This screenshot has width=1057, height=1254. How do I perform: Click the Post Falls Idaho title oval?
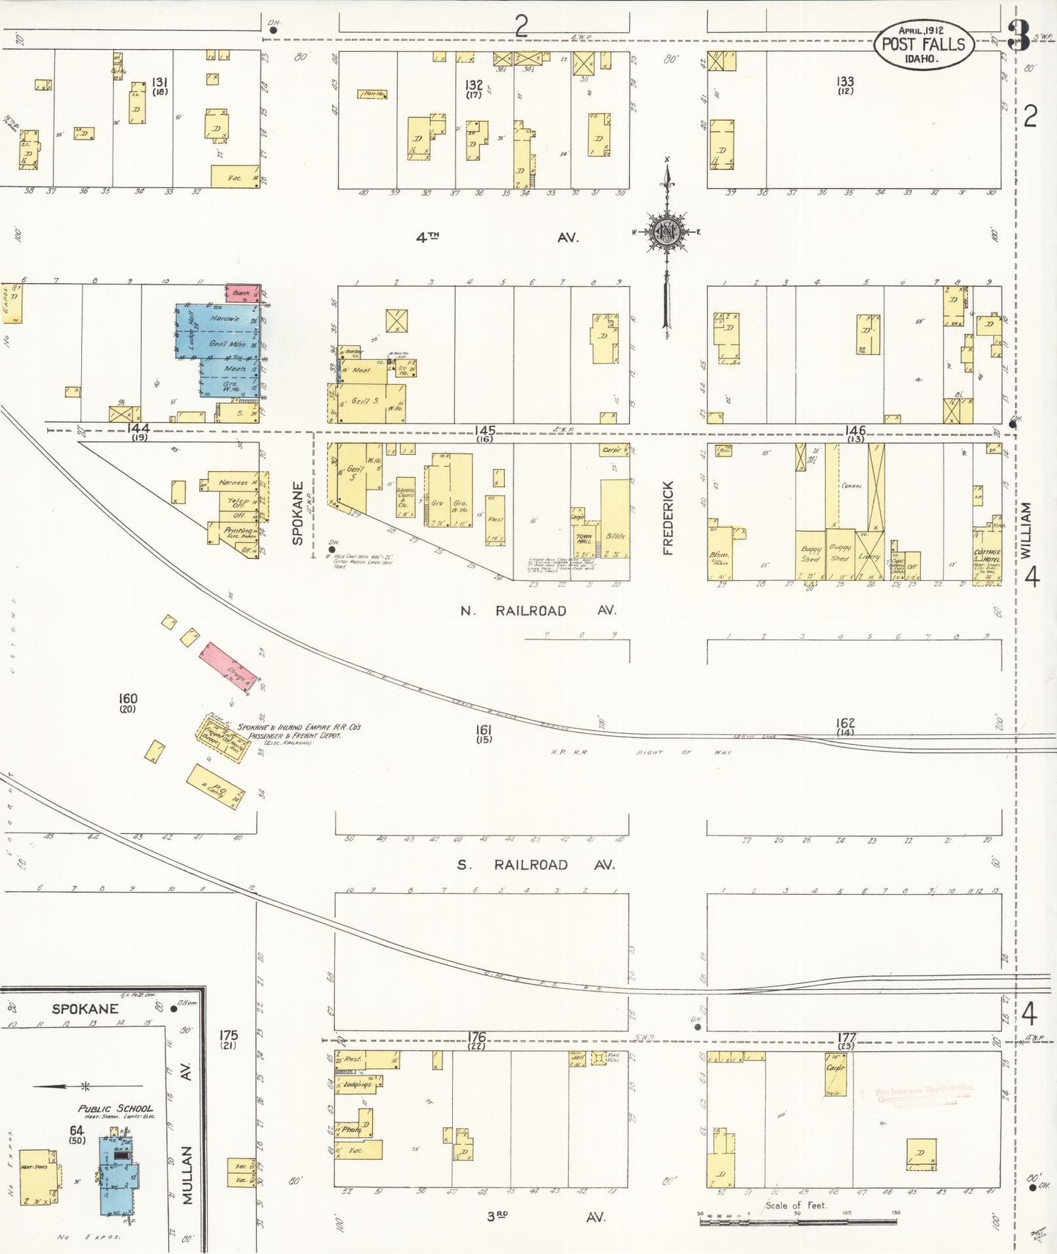click(923, 44)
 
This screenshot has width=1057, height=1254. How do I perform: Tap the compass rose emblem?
click(666, 233)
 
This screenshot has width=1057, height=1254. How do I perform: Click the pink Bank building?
click(242, 293)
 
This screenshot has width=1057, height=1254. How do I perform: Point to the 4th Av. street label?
click(497, 237)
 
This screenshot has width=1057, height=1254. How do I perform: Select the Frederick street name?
click(668, 518)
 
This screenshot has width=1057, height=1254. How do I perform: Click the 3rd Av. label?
click(546, 1217)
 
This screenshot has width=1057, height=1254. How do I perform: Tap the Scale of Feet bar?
click(797, 1221)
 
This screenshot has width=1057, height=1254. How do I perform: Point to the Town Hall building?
click(584, 542)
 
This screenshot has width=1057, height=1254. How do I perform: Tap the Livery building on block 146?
click(869, 555)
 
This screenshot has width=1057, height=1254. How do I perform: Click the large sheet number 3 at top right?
click(1018, 35)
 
